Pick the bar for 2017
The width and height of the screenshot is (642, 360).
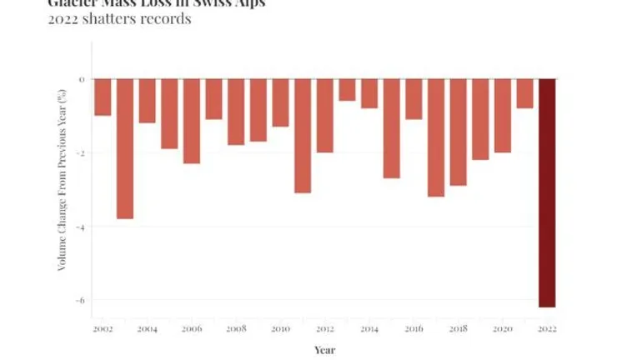[x=436, y=137]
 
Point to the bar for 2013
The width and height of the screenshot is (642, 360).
[x=347, y=90]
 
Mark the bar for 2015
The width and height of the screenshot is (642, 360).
[x=392, y=128]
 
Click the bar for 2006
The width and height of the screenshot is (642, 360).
[x=192, y=121]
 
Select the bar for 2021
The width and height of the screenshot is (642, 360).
[x=524, y=93]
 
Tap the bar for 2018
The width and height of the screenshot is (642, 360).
[x=458, y=132]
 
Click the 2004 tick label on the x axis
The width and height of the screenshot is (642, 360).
[x=148, y=329]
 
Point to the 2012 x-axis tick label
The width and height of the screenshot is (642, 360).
[x=325, y=329]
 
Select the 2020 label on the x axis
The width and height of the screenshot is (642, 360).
[x=502, y=329]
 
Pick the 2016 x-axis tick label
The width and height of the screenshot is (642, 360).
[x=414, y=329]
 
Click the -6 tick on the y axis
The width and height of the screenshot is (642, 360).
[x=82, y=300]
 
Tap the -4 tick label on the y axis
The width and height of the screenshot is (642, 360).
[x=82, y=227]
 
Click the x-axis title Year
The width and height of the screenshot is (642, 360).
[x=324, y=350]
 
